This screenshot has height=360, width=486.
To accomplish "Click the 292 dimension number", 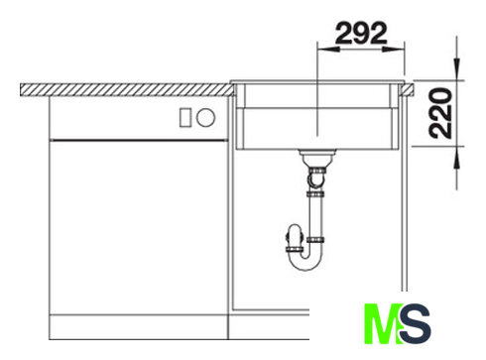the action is click(x=361, y=33).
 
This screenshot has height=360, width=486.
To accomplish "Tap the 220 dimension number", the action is click(x=440, y=113).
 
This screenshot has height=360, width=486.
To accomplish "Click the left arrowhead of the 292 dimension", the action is click(x=328, y=50).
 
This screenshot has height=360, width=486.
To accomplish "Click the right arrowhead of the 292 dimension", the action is click(x=394, y=50).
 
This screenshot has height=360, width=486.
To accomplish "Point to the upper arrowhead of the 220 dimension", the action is click(x=457, y=69).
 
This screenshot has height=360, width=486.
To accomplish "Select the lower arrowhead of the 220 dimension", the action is click(x=457, y=157).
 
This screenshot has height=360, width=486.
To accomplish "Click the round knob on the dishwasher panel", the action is click(x=205, y=117).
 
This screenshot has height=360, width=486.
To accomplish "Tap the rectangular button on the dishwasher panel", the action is click(x=185, y=117).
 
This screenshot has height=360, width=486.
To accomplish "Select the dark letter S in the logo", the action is click(x=416, y=324).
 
